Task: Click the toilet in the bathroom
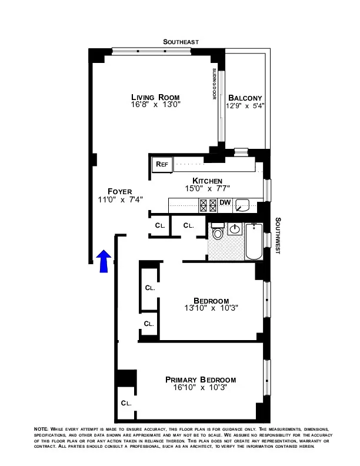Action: (x=217, y=234)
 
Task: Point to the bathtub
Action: (x=255, y=241)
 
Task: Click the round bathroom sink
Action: (x=235, y=229)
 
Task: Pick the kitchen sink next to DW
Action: (x=243, y=205)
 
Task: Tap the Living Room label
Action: (x=155, y=97)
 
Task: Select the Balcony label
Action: (x=245, y=98)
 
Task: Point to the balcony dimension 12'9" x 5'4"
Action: (x=245, y=106)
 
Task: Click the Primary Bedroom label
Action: (x=201, y=380)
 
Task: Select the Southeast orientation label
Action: (x=181, y=42)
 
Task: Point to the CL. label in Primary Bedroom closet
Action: (x=126, y=403)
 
